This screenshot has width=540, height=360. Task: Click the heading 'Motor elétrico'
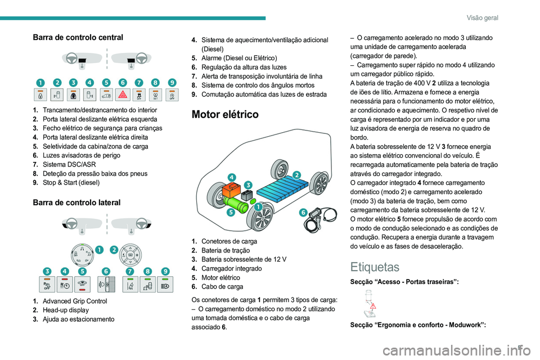pyautogui.click(x=225, y=114)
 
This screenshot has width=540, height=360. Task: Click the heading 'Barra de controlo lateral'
pyautogui.click(x=78, y=202)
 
